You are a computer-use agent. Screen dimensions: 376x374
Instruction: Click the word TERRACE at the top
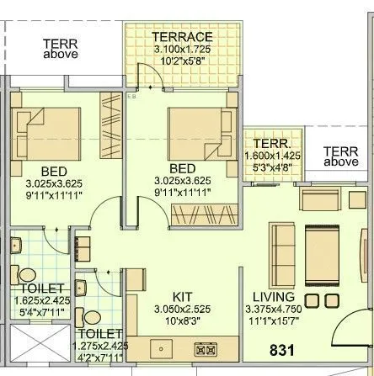tap(181, 37)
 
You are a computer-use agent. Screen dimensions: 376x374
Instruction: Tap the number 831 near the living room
tap(282, 349)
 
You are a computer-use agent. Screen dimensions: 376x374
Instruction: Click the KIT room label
tap(183, 298)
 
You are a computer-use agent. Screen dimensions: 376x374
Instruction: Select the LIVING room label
tap(272, 297)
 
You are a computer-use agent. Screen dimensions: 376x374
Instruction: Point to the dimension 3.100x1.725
tap(181, 50)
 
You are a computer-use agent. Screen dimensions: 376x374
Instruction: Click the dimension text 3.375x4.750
tap(272, 309)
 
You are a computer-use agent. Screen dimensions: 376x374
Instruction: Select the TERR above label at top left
tap(61, 47)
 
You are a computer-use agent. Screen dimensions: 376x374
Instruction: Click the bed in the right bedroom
tap(195, 132)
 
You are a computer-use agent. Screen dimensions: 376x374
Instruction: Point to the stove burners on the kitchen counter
tap(206, 347)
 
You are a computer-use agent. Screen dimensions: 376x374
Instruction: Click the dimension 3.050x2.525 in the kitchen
tap(183, 310)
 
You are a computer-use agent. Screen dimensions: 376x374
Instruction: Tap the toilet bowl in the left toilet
tap(27, 273)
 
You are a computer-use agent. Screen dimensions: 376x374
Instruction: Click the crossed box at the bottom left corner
tap(37, 347)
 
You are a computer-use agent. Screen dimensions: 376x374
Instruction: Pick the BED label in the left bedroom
tap(29, 171)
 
